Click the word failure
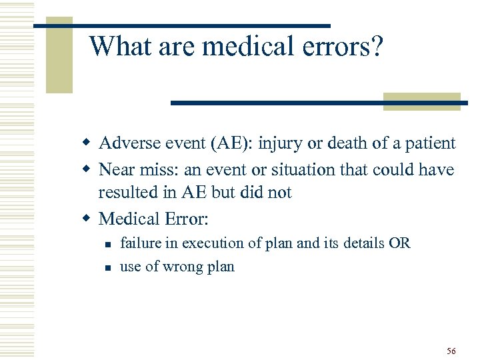[139, 243]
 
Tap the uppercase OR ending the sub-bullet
[400, 243]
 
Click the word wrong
[183, 267]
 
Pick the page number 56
[451, 351]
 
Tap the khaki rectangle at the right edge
[421, 101]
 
